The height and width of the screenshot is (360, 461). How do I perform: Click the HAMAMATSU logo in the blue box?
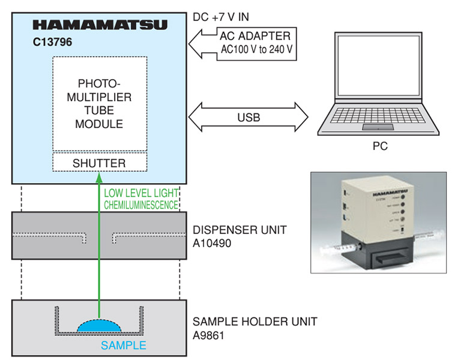coord(100,25)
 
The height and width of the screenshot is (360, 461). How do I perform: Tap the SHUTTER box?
coord(99,163)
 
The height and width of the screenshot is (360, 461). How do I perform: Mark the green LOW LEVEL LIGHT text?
coord(140,193)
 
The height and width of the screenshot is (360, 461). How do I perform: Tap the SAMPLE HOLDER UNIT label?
coord(255,322)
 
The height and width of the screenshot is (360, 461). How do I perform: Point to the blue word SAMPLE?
coord(123,346)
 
